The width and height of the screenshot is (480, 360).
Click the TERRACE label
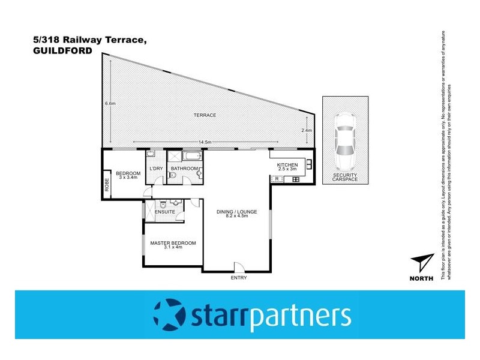point(205,115)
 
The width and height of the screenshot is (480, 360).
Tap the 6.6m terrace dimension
point(110,104)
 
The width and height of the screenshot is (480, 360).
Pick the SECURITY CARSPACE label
point(344,178)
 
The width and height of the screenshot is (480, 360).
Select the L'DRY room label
point(155,169)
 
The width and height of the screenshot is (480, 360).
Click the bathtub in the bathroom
point(191,157)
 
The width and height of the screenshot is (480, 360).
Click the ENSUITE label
point(164,212)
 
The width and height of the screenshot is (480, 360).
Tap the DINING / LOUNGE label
point(232,214)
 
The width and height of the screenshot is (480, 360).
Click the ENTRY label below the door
point(238,278)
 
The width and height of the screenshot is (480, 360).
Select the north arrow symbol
point(422,262)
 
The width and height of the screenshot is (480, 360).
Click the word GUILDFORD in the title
point(63,52)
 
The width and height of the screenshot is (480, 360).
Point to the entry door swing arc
point(238,266)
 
